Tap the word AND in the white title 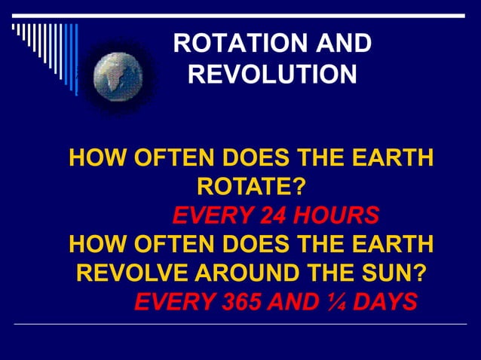click(x=340, y=44)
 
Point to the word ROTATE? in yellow click(x=252, y=186)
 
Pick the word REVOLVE click(x=126, y=273)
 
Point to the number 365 click(x=243, y=302)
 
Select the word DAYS click(x=384, y=302)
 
